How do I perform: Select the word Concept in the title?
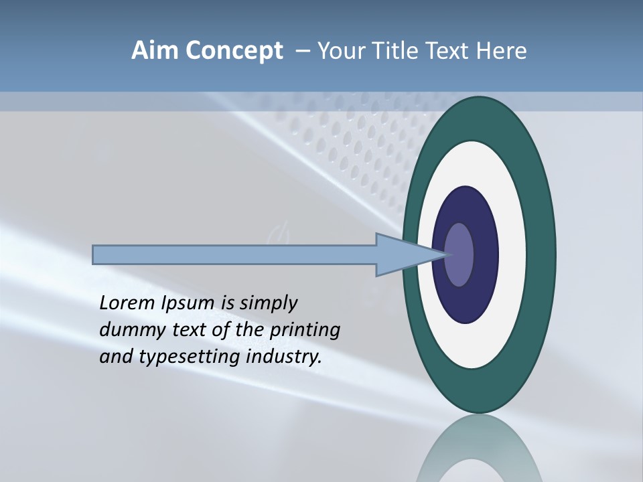(x=234, y=50)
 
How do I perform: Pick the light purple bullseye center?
(x=459, y=254)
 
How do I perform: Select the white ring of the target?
(x=512, y=254)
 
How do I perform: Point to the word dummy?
(x=129, y=330)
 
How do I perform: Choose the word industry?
(x=284, y=357)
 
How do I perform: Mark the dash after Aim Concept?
(x=302, y=52)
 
